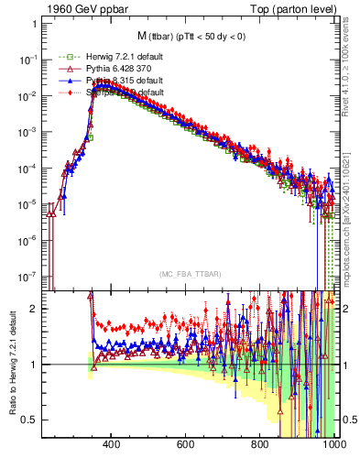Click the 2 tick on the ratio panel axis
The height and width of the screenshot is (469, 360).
click(x=33, y=309)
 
